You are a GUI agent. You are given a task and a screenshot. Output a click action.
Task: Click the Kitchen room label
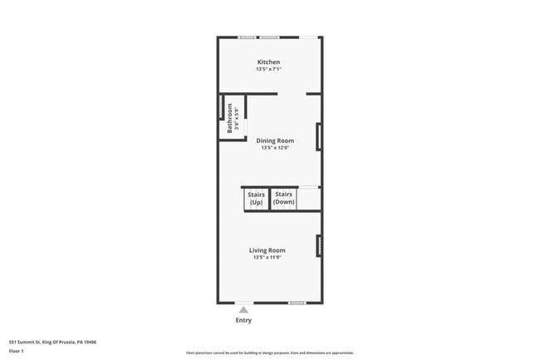point(268,62)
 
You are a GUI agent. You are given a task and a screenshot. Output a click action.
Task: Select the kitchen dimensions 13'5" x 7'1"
point(268,70)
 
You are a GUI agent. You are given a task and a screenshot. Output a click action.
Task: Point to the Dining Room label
point(274,141)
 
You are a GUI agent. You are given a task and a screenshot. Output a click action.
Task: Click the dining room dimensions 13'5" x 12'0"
point(274,148)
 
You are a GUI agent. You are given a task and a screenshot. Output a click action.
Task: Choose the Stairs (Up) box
point(256,199)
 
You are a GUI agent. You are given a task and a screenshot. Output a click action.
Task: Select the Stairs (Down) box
point(284,199)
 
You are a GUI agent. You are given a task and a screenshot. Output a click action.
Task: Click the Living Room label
point(268,250)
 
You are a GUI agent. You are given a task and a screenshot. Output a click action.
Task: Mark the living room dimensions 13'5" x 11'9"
point(268,258)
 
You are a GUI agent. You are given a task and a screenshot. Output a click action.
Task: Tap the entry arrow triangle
point(243,308)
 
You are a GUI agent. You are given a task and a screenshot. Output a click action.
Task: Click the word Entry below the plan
point(243,320)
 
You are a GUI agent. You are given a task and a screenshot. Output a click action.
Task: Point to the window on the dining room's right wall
point(319,136)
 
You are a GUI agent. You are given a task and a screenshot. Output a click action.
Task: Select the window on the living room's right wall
point(319,245)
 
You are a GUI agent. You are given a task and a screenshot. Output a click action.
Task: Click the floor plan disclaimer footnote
point(269,353)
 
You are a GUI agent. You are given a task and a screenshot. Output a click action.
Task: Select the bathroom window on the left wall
point(219,110)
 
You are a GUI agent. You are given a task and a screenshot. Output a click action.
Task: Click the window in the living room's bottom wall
point(297,303)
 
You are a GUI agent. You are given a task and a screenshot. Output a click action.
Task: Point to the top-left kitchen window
point(248,37)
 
